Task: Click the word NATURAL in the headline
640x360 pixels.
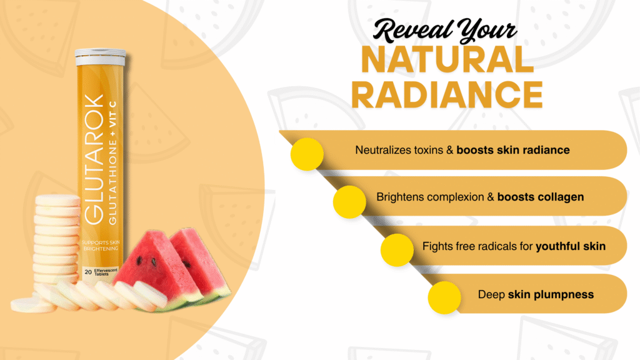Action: coord(447,59)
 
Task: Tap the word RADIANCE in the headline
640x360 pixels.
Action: coord(447,95)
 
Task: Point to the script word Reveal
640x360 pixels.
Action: coord(412,30)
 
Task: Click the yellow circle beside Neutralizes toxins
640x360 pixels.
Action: coord(307,154)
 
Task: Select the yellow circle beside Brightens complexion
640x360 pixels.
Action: coord(349,202)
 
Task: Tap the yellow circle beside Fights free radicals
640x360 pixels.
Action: coord(397,250)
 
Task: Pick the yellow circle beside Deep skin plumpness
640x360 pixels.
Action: coord(444,297)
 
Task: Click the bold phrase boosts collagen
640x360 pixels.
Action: coord(541,197)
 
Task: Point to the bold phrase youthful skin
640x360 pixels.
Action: coord(571,246)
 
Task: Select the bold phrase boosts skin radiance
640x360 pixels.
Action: coord(513,150)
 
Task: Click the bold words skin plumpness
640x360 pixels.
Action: coord(551,295)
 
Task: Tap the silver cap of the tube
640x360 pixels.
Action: coord(101,57)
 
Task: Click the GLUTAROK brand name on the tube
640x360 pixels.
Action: coord(94,159)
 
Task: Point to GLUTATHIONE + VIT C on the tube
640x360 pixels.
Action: coord(112,162)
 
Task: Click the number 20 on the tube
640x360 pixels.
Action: coord(87,272)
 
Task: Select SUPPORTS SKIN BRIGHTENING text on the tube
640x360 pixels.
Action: coord(101,245)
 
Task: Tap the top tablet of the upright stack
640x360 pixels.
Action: coord(57,201)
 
